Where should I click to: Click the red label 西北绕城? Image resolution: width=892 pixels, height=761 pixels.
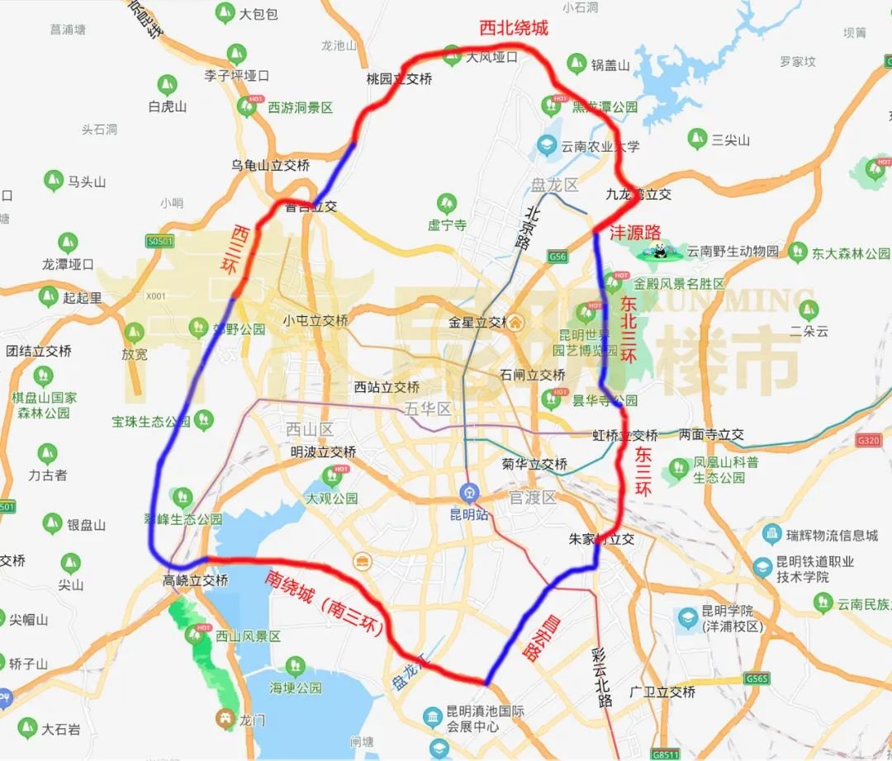[x=514, y=28]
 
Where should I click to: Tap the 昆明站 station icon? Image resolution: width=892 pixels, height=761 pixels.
[x=470, y=494]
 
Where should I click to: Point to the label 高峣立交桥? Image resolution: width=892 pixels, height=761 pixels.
[x=195, y=580]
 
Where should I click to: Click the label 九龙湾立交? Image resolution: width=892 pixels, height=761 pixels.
[x=638, y=195]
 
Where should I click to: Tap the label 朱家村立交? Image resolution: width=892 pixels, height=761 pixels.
[x=601, y=539]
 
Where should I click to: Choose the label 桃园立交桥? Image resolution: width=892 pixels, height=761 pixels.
[x=399, y=79]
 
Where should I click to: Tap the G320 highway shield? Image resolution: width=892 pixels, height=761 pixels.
[x=869, y=440]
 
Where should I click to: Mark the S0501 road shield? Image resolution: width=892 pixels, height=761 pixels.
[x=160, y=241]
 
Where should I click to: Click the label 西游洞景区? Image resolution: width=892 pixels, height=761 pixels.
[x=300, y=107]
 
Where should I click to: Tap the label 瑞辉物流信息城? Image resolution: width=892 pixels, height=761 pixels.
[x=832, y=536]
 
